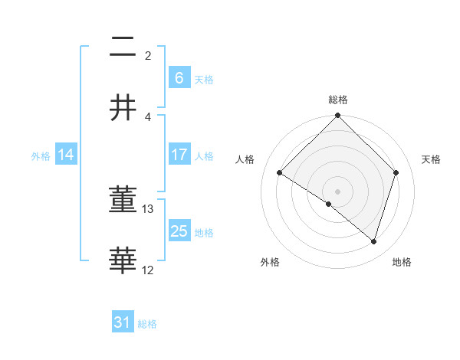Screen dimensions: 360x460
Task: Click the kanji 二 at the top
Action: (123, 48)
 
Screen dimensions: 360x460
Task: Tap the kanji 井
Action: (123, 108)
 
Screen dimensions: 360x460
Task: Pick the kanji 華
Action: (123, 261)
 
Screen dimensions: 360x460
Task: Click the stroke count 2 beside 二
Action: (148, 56)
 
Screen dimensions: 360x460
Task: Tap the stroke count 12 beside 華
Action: (148, 270)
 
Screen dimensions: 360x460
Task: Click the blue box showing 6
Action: (179, 77)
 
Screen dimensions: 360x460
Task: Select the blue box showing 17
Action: (179, 155)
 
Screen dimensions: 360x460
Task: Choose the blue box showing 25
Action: (179, 231)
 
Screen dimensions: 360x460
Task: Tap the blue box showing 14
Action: (66, 155)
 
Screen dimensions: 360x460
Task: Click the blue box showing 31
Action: (122, 322)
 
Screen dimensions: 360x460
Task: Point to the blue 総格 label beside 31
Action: (147, 324)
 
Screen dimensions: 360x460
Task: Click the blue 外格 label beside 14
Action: (41, 156)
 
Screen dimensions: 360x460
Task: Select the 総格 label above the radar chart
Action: (338, 100)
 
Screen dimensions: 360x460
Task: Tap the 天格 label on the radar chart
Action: (432, 159)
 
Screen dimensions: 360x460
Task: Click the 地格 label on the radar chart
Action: (402, 262)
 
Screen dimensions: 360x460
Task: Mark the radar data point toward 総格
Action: (338, 116)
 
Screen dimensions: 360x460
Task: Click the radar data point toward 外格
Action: (329, 204)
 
